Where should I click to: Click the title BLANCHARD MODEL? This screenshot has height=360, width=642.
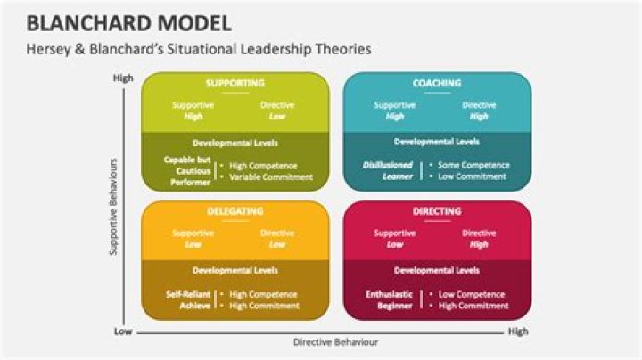pyautogui.click(x=129, y=23)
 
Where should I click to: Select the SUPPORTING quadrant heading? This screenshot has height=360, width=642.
pyautogui.click(x=235, y=83)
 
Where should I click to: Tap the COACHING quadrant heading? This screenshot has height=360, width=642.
pyautogui.click(x=437, y=83)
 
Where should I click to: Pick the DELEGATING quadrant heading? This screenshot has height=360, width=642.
pyautogui.click(x=235, y=211)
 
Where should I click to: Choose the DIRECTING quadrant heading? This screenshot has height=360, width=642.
pyautogui.click(x=437, y=211)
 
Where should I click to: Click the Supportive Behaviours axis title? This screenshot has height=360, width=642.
pyautogui.click(x=113, y=207)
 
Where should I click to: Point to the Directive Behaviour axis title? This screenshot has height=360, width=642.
pyautogui.click(x=335, y=342)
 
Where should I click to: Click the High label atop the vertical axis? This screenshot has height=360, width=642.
pyautogui.click(x=123, y=78)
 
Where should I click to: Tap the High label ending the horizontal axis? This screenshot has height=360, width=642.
pyautogui.click(x=518, y=331)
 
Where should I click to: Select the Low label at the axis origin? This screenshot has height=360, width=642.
pyautogui.click(x=123, y=331)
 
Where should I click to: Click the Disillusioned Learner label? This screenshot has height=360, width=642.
pyautogui.click(x=388, y=170)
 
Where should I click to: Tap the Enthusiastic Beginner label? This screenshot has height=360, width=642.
pyautogui.click(x=389, y=300)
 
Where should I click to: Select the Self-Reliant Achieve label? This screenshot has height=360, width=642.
pyautogui.click(x=188, y=300)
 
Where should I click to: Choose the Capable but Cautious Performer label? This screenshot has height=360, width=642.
pyautogui.click(x=187, y=171)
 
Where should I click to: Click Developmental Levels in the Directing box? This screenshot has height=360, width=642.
pyautogui.click(x=436, y=270)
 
